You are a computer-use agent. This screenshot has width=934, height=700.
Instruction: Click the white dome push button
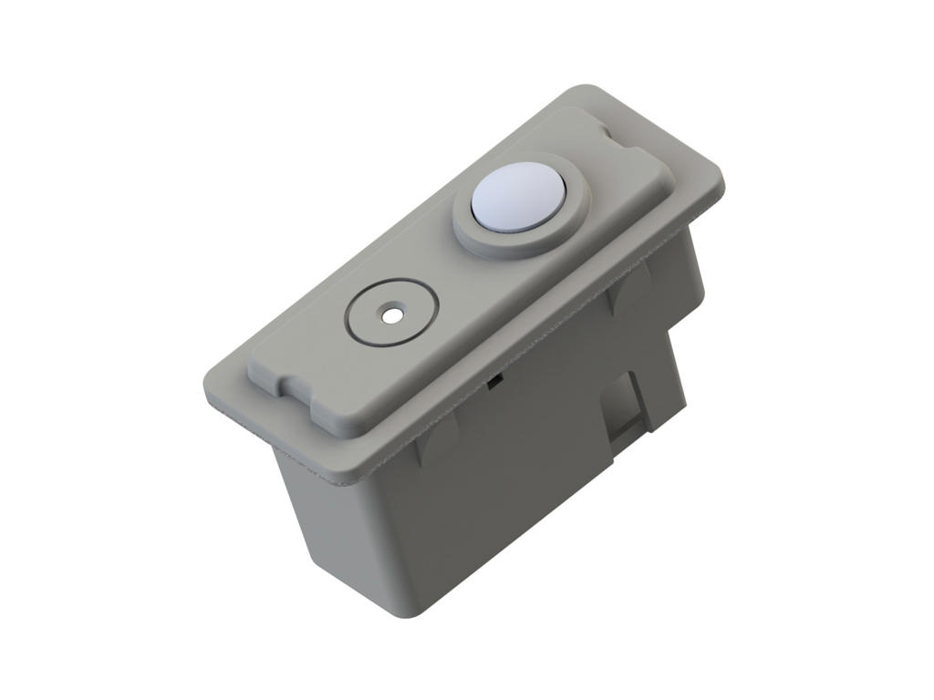[518, 198]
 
